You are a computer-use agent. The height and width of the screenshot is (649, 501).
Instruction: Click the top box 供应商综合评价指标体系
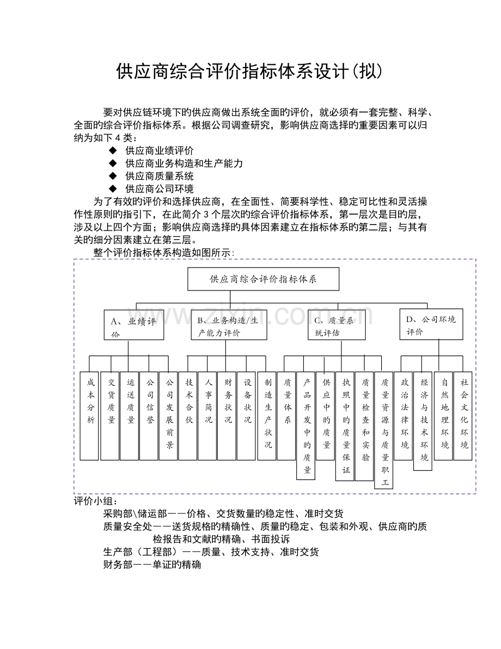click(x=263, y=279)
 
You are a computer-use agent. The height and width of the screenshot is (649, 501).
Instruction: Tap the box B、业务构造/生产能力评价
click(x=229, y=325)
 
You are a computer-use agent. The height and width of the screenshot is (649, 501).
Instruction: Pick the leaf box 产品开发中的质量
click(x=306, y=425)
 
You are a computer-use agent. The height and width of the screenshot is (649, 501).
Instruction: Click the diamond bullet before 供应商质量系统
click(x=113, y=176)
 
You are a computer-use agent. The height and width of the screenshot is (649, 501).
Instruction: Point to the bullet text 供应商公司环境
click(x=159, y=189)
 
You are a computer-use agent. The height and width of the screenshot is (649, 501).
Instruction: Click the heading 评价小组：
click(x=95, y=501)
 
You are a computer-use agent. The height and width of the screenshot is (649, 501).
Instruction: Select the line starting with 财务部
click(x=152, y=565)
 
